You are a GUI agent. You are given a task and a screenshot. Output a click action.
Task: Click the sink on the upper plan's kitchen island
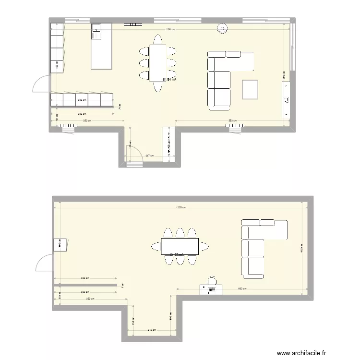coord(96,31)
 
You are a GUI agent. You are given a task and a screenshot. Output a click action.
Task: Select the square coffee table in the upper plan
coord(250,89)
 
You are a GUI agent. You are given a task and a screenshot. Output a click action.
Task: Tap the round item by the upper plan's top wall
coord(222,28)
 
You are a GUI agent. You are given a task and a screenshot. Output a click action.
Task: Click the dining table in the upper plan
coord(157,63)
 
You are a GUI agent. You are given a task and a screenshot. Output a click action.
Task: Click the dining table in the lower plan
coord(180,247)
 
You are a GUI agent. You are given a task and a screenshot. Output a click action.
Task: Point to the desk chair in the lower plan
coord(212,280)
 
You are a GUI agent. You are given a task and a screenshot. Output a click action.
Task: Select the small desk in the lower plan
coord(212,289)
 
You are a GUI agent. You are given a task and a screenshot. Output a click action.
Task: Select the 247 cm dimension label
coord(149,156)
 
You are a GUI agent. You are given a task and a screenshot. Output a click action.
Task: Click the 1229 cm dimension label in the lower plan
coord(181,207)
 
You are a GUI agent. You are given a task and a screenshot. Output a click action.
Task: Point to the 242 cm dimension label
coord(151,330)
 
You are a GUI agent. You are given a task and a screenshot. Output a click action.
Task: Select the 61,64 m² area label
coord(169,80)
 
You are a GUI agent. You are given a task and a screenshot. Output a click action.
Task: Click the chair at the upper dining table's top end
coord(157,39)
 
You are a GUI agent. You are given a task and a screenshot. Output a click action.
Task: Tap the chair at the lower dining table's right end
coord(204,247)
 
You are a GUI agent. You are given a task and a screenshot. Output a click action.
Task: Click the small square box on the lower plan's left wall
coord(61,245)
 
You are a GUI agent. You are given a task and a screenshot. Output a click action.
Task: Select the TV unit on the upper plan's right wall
coord(286,99)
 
